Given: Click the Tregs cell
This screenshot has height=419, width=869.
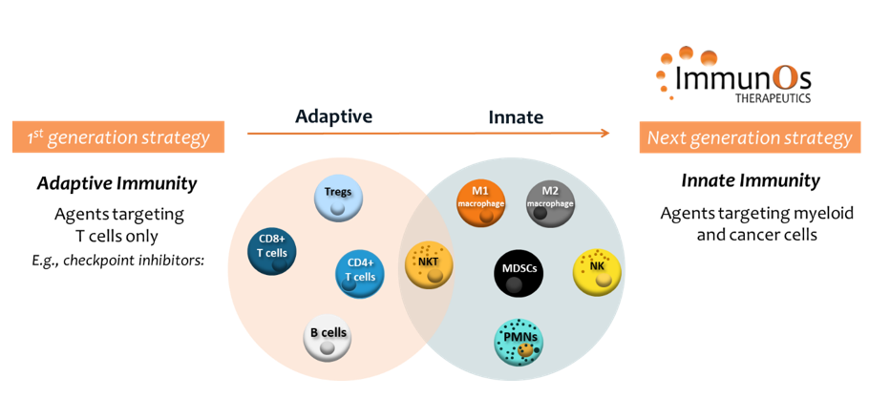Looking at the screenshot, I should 338,199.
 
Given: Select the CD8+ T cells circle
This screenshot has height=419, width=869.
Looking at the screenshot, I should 271,251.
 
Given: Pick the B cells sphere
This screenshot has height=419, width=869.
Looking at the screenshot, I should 328,339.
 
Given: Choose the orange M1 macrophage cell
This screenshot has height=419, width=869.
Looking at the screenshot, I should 480,201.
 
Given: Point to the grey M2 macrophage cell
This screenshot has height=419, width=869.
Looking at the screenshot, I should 550,201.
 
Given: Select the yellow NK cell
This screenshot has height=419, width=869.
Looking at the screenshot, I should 598,271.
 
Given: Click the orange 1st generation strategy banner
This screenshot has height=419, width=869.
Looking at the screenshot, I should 118,137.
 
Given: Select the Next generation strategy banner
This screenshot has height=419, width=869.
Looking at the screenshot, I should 750,137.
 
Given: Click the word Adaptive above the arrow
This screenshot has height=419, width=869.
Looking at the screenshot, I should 333,116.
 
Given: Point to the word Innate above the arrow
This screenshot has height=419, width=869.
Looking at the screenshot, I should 516,116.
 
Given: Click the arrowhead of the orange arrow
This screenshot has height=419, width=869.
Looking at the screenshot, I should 604,133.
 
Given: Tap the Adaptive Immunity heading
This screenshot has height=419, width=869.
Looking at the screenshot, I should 117,183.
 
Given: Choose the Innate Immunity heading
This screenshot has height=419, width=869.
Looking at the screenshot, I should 750,180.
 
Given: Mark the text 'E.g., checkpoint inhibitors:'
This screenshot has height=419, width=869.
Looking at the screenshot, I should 117,258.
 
